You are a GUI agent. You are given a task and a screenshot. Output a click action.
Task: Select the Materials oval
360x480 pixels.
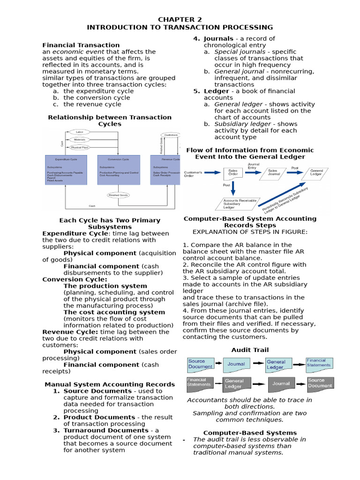pyautogui.click(x=79, y=140)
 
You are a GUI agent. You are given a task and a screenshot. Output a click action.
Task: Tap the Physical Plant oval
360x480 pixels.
pyautogui.click(x=79, y=147)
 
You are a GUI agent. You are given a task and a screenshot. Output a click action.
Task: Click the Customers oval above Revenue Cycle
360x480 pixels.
pyautogui.click(x=172, y=135)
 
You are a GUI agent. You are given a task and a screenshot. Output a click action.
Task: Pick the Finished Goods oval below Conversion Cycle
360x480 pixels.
pyautogui.click(x=118, y=195)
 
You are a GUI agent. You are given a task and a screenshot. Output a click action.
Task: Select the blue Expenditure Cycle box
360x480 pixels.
pyautogui.click(x=66, y=171)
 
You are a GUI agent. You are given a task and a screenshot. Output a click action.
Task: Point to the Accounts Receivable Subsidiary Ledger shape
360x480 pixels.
pyautogui.click(x=240, y=203)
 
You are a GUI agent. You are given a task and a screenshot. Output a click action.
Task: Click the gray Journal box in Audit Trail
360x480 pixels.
pyautogui.click(x=281, y=383)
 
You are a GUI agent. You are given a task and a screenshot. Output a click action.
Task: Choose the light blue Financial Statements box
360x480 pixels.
pyautogui.click(x=320, y=363)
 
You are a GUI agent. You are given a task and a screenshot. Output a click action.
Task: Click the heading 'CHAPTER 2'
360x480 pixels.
pyautogui.click(x=180, y=19)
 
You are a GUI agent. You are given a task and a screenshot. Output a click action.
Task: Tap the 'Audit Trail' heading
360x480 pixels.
pyautogui.click(x=250, y=350)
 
